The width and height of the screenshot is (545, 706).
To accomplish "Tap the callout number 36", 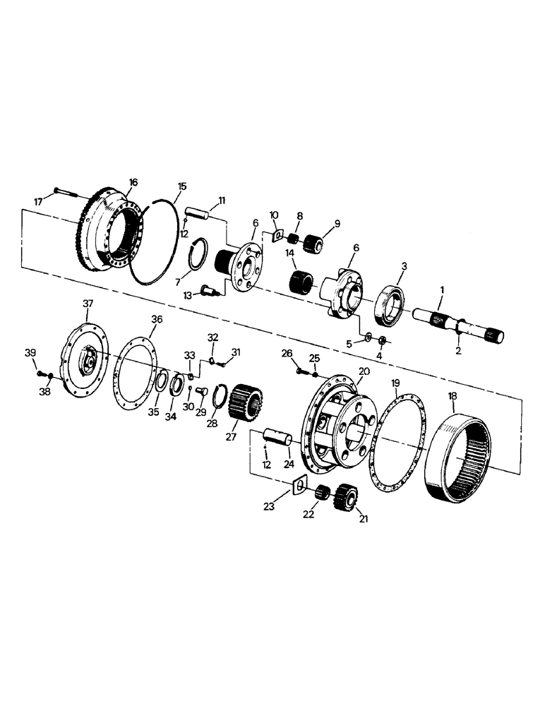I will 157,319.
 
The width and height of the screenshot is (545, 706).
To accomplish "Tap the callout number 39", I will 30,352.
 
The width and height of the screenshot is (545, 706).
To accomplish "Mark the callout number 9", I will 337,223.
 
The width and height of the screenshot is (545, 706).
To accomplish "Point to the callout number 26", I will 287,353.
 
